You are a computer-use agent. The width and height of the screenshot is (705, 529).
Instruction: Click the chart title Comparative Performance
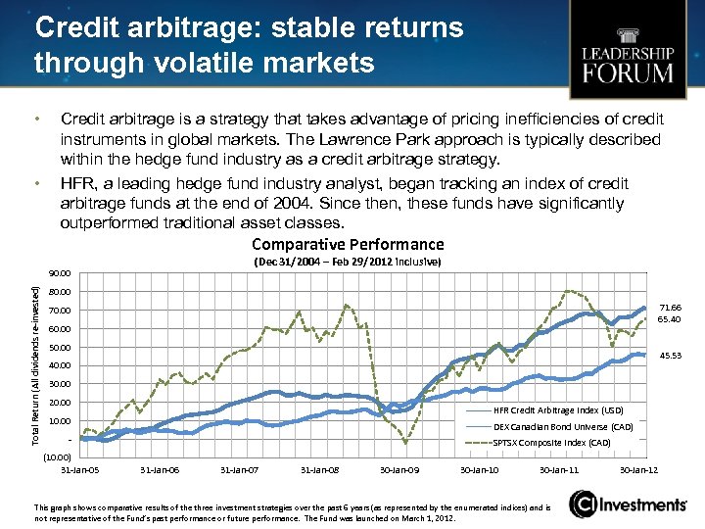tap(348, 244)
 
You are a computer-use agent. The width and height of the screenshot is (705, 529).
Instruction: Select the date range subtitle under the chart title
tap(348, 263)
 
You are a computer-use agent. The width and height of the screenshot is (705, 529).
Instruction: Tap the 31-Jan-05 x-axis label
tap(79, 471)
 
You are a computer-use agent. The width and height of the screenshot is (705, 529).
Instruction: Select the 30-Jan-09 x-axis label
tap(399, 471)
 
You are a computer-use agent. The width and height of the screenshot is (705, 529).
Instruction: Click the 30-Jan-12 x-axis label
tap(639, 471)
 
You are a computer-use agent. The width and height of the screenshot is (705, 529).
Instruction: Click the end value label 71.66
tap(671, 307)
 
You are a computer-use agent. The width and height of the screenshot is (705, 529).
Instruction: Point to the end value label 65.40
tap(671, 319)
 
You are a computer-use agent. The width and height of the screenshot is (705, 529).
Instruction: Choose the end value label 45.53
tap(671, 356)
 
